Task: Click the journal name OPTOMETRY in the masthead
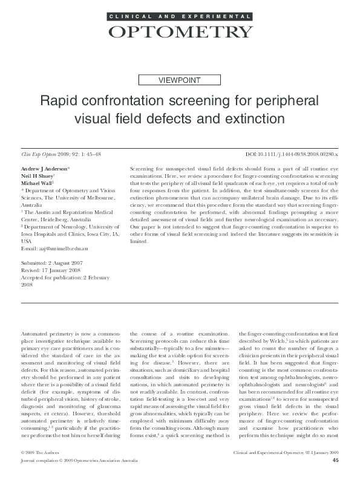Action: tap(180, 31)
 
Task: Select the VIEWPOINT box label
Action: tap(179, 79)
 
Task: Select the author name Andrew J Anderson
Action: tap(45, 166)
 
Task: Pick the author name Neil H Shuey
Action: tap(39, 174)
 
